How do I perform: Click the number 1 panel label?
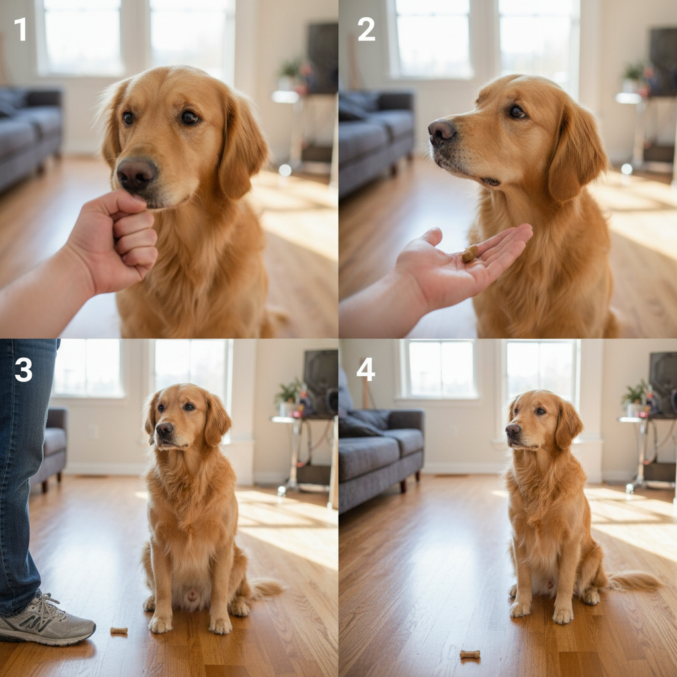[20, 30]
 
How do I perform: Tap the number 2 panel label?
[366, 30]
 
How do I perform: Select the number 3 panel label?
[23, 370]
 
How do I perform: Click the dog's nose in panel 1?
[136, 174]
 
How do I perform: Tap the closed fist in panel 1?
[119, 241]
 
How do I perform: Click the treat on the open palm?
[469, 254]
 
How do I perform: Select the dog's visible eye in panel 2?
[516, 112]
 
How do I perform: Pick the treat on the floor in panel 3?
[119, 631]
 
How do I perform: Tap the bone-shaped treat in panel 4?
[469, 655]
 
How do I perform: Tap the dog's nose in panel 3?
[164, 430]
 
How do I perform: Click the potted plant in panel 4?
[635, 395]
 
